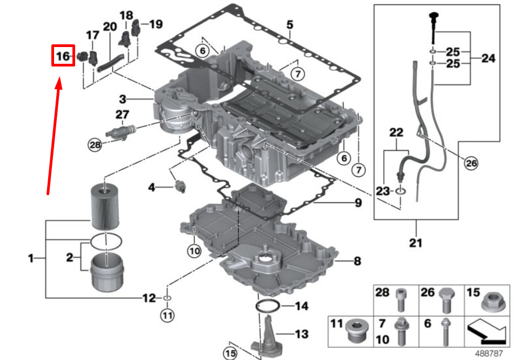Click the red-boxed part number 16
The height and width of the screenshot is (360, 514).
63,56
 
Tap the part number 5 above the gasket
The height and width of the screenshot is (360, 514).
290,24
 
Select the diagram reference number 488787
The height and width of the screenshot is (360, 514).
489,353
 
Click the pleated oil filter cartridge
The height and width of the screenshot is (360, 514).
104,206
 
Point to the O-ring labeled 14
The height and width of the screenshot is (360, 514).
268,306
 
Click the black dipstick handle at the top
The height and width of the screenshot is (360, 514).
434,16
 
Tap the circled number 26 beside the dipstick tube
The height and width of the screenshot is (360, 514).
471,163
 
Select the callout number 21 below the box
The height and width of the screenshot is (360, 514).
416,243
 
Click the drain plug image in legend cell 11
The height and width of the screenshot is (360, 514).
357,331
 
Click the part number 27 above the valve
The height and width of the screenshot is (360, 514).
122,115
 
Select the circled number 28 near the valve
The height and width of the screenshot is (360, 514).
95,144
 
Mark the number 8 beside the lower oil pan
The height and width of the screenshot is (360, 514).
357,261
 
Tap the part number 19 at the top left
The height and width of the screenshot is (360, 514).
156,24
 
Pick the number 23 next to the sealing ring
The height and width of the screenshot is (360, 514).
383,191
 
